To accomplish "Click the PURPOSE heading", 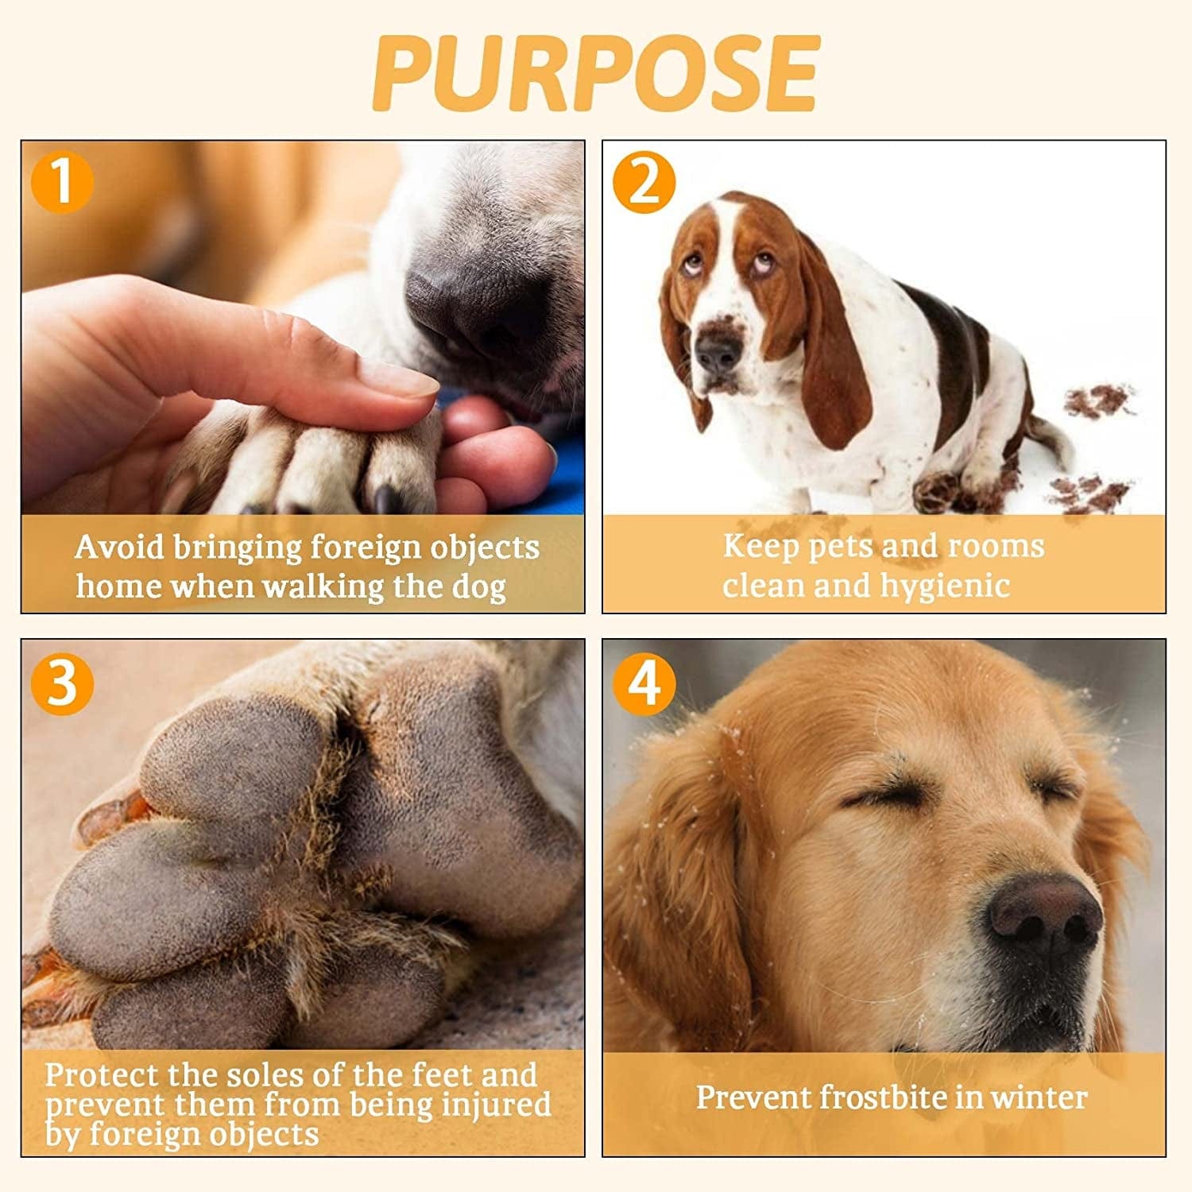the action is point(596,73).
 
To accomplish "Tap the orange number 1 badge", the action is point(62,182).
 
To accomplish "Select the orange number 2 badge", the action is point(644,182).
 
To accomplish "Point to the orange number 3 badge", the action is point(62,683).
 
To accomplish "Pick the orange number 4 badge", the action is point(644,683).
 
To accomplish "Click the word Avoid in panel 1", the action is point(119,547).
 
